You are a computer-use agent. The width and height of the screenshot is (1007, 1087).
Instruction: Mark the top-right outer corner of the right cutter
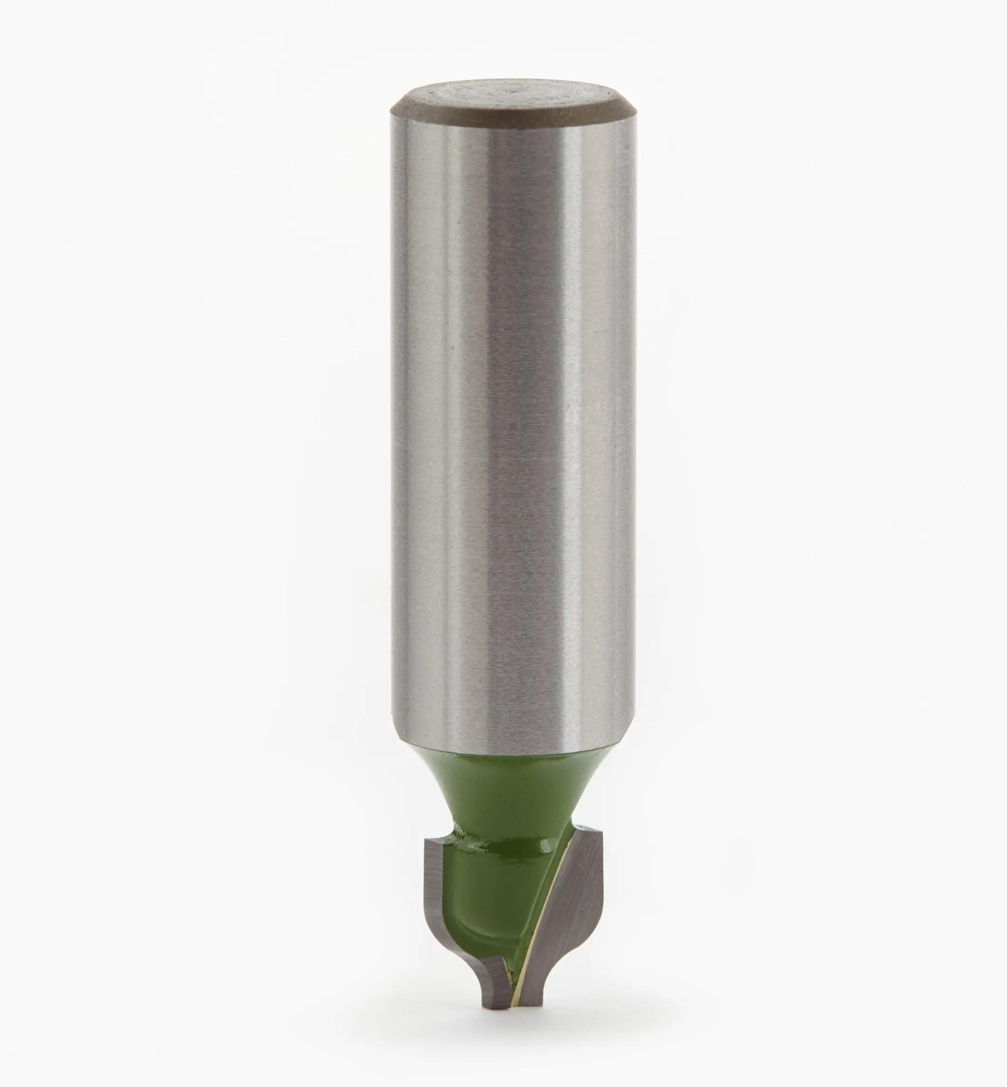coord(602,846)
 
